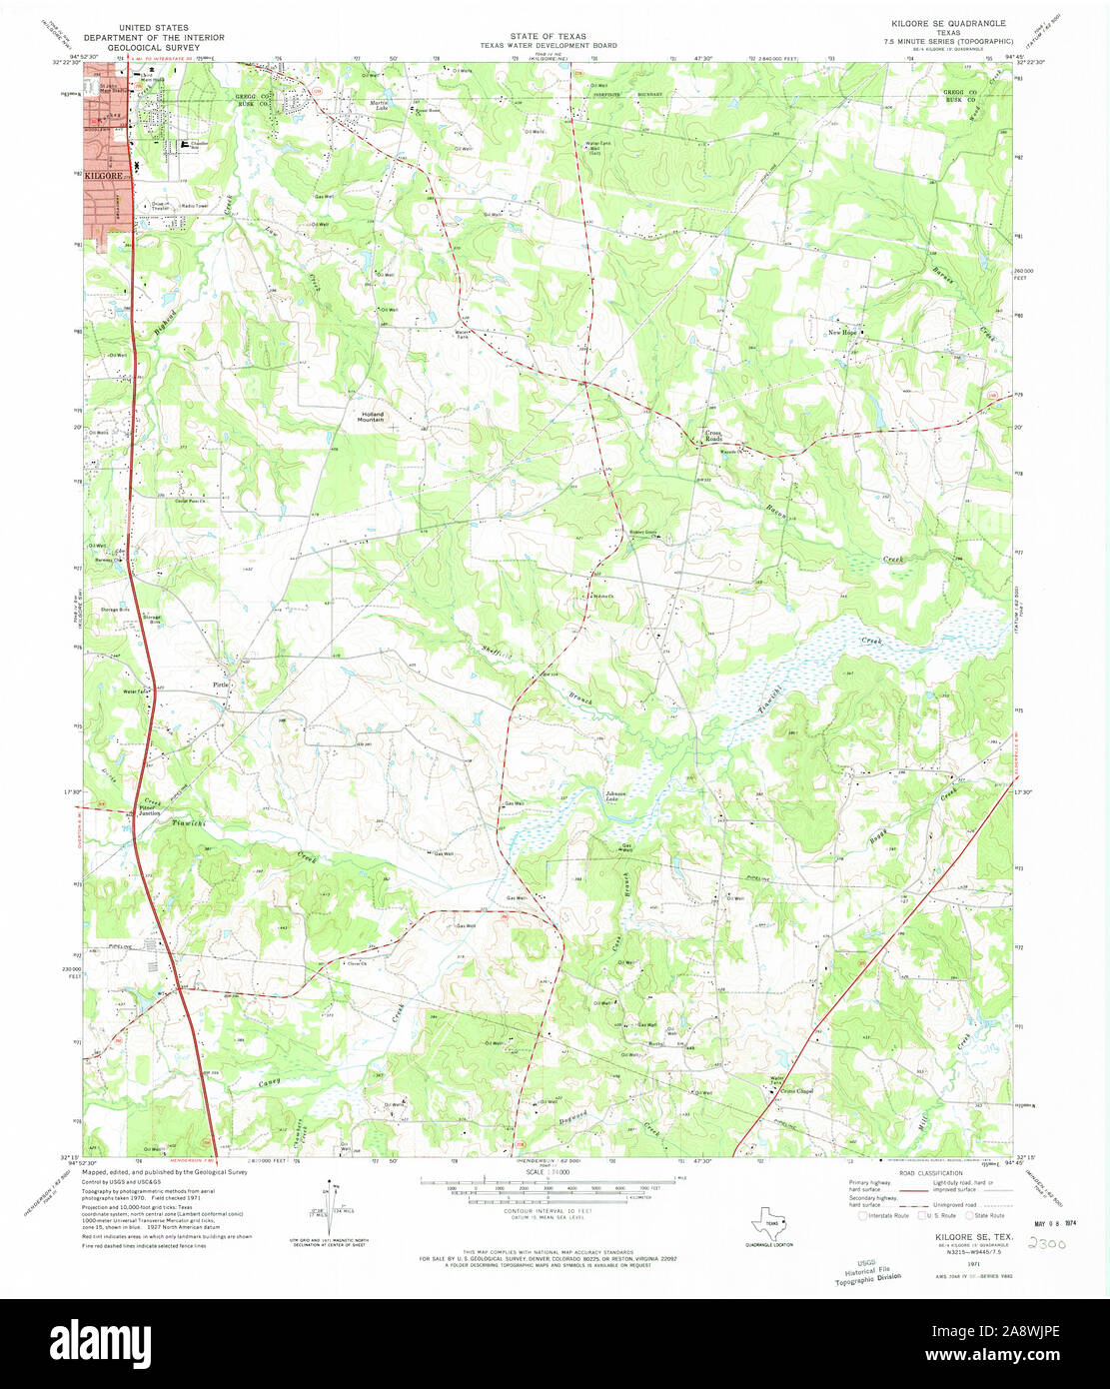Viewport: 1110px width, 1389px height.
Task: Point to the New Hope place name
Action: pyautogui.click(x=842, y=332)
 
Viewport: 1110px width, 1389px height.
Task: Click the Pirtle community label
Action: pyautogui.click(x=221, y=685)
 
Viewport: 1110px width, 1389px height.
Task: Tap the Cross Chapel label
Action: pyautogui.click(x=797, y=1091)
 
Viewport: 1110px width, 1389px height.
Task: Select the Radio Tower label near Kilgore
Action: pyautogui.click(x=194, y=206)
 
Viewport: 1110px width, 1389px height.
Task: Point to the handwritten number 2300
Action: pyautogui.click(x=1043, y=1245)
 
